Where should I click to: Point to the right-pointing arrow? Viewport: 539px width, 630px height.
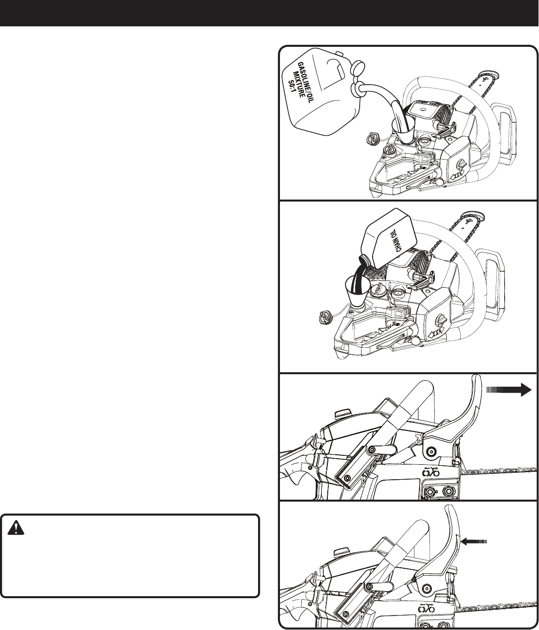coord(509,390)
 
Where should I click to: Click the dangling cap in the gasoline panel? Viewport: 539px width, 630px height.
coord(372,139)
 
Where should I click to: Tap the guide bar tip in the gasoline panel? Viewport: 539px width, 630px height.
coord(490,76)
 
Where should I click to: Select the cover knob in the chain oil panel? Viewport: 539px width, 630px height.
coord(442,319)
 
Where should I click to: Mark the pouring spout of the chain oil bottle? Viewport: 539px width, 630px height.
coord(364,259)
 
